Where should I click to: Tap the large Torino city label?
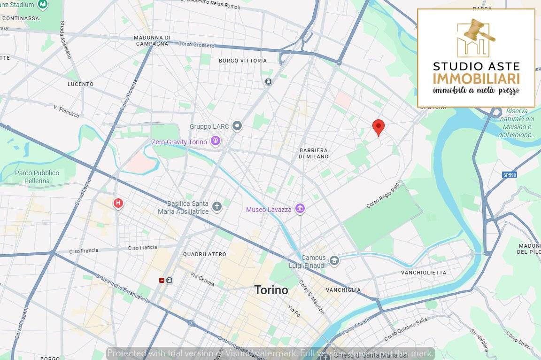pyautogui.click(x=271, y=290)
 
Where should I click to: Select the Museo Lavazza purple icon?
pyautogui.click(x=300, y=209)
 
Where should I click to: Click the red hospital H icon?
pyautogui.click(x=118, y=203)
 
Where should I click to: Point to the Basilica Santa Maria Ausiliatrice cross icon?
pyautogui.click(x=216, y=207)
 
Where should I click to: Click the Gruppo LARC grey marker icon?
pyautogui.click(x=237, y=126)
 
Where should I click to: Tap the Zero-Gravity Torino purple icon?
pyautogui.click(x=216, y=141)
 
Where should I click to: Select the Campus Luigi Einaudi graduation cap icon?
pyautogui.click(x=334, y=261)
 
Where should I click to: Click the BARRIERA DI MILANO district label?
pyautogui.click(x=313, y=153)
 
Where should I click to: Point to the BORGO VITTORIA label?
pyautogui.click(x=243, y=61)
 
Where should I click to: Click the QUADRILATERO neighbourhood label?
pyautogui.click(x=205, y=254)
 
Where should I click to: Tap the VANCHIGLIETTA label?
pyautogui.click(x=424, y=273)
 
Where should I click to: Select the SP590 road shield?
pyautogui.click(x=509, y=175)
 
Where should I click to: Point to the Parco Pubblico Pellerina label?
pyautogui.click(x=37, y=177)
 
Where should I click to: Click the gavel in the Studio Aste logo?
pyautogui.click(x=479, y=30)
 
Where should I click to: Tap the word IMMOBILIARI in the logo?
pyautogui.click(x=476, y=78)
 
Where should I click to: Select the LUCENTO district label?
pyautogui.click(x=80, y=84)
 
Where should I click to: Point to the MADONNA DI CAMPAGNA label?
pyautogui.click(x=152, y=40)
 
